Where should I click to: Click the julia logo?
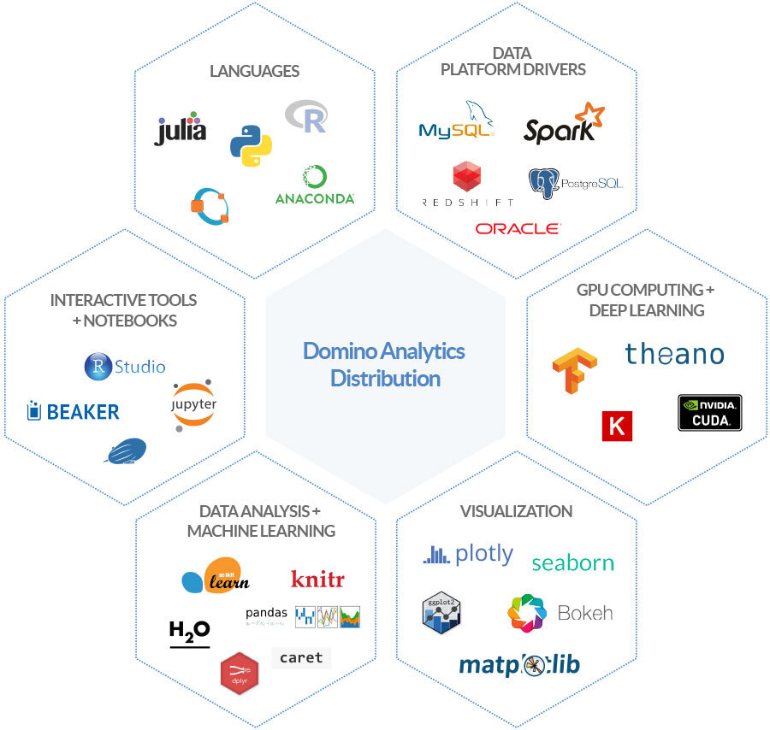(x=181, y=128)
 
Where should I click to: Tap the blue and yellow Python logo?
(x=251, y=144)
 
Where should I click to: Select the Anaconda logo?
(x=315, y=185)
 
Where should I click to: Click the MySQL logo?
(x=456, y=124)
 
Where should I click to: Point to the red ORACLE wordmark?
(x=518, y=228)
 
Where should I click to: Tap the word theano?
(x=674, y=354)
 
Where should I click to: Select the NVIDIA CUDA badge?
(x=709, y=412)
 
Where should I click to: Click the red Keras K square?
(x=617, y=426)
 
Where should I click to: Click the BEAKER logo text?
(x=73, y=412)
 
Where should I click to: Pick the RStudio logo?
(x=125, y=367)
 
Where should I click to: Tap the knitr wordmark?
(x=317, y=579)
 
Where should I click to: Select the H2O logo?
(x=189, y=633)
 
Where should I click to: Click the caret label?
(x=301, y=657)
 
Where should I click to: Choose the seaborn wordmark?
(x=572, y=562)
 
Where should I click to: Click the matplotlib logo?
(x=519, y=666)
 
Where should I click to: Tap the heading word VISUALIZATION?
(x=516, y=511)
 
